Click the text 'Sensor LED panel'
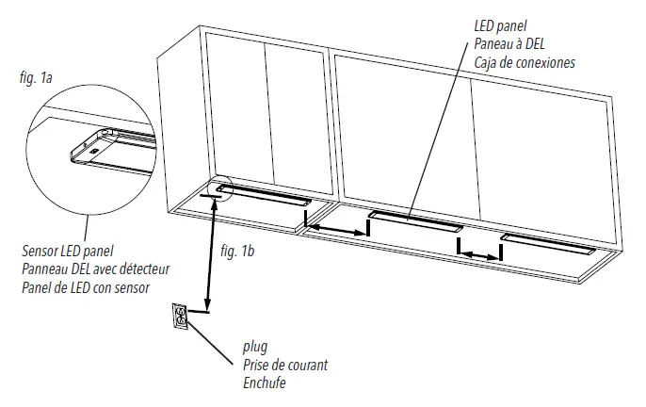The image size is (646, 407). coord(65,252)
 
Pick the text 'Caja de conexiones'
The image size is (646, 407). coord(524,61)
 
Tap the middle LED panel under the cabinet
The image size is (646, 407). coord(415,222)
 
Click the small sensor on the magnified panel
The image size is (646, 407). coord(94,151)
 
